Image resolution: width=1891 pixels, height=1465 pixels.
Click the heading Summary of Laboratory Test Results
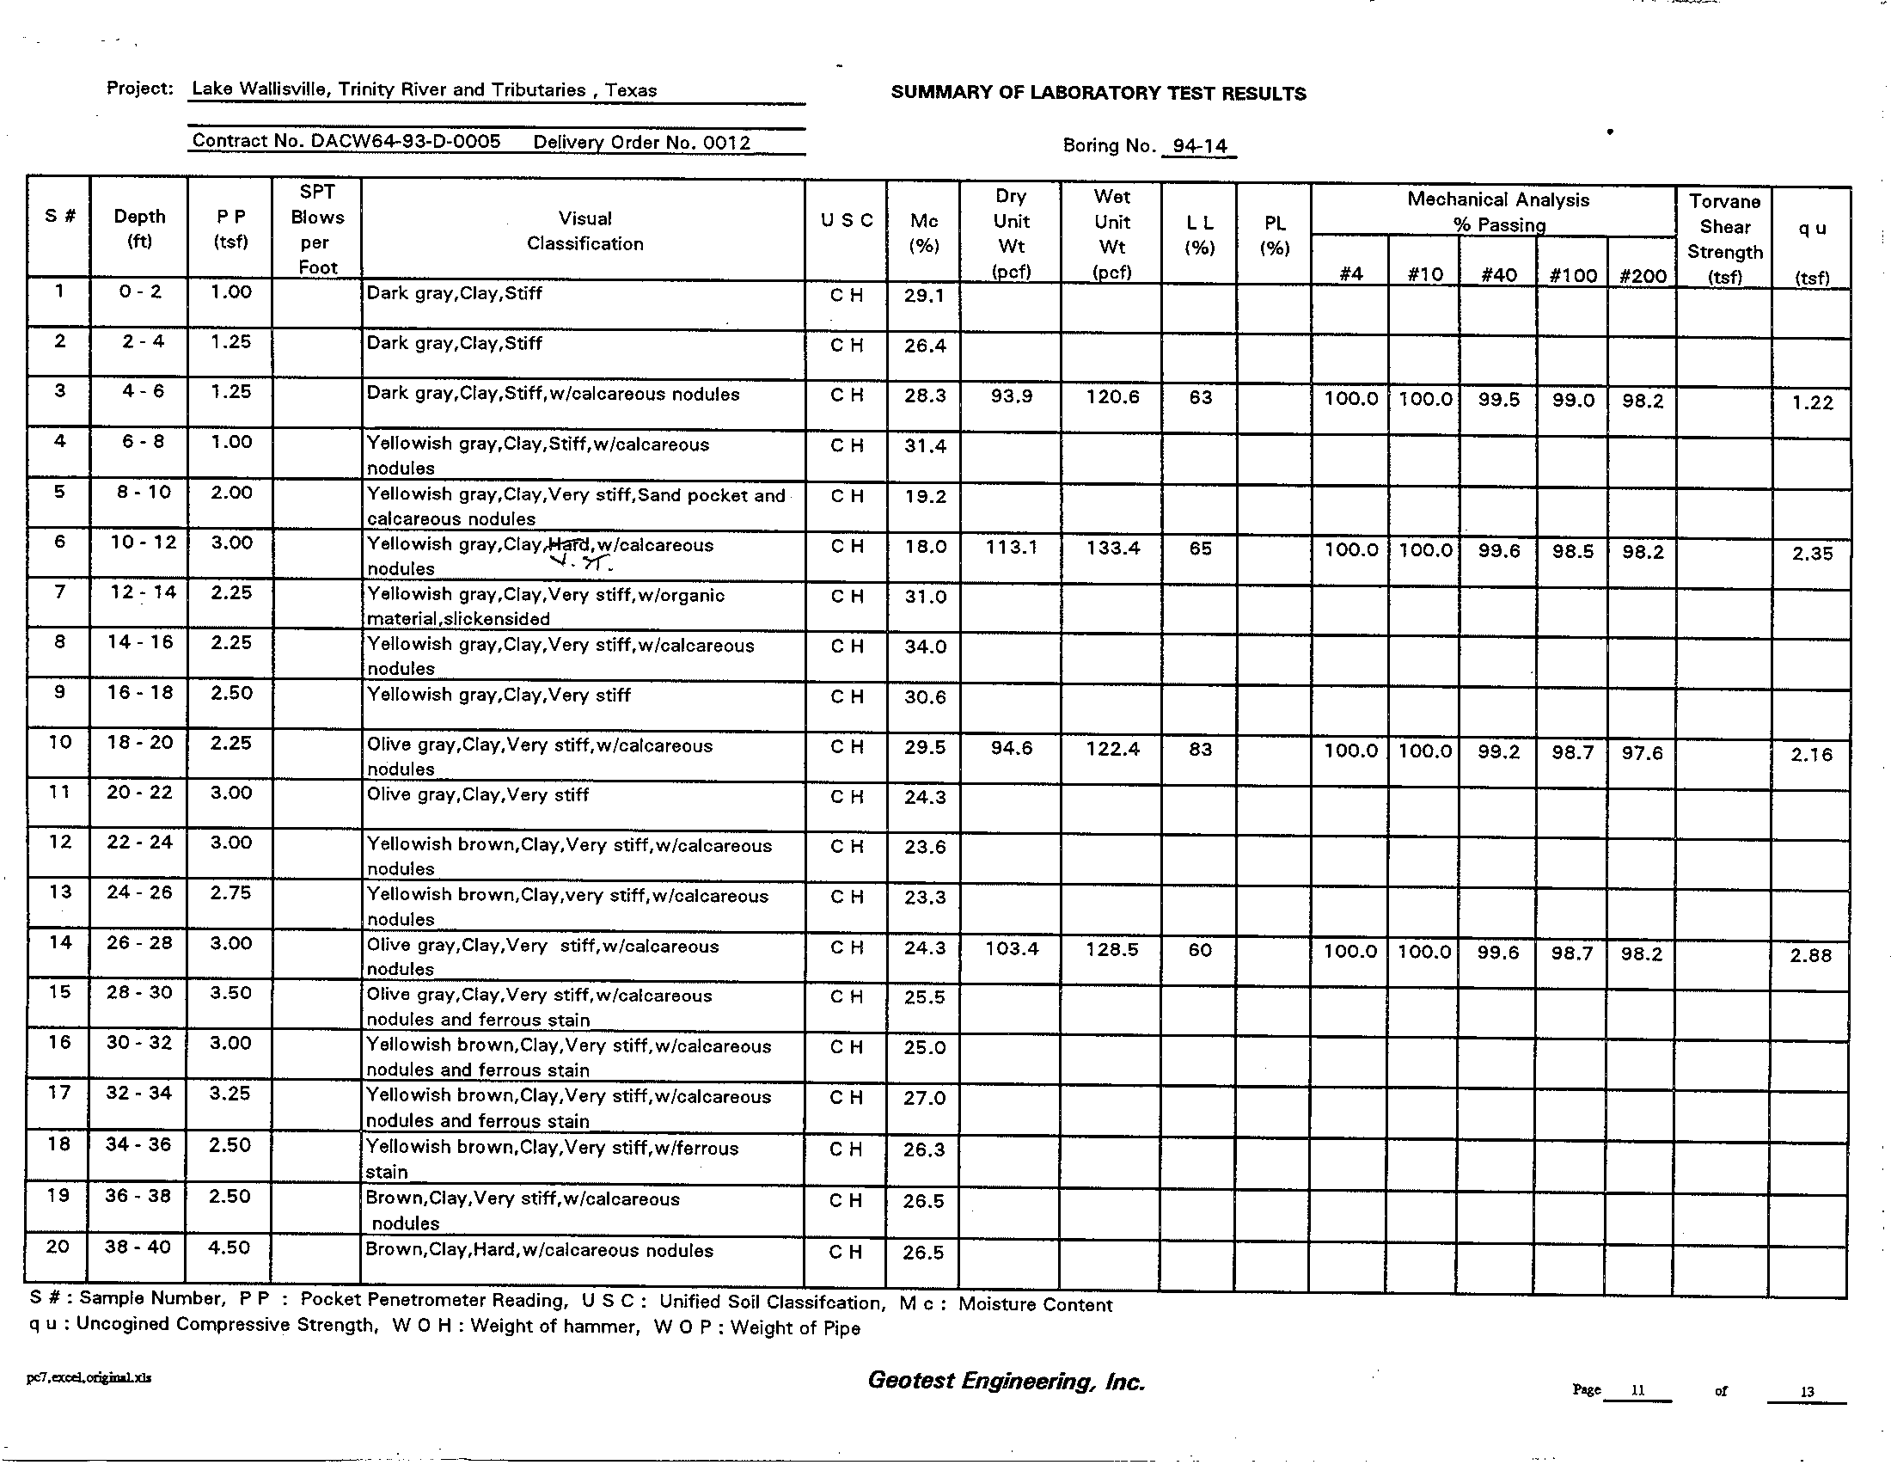[1098, 94]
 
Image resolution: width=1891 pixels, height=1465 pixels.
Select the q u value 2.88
[1810, 955]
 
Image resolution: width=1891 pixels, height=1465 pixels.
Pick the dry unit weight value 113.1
[1011, 547]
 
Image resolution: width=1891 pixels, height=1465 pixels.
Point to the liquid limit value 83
[1200, 749]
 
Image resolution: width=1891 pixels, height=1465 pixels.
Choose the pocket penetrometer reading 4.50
[230, 1247]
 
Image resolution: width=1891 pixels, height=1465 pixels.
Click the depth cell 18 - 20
[139, 742]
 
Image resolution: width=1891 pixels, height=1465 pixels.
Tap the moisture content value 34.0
[925, 647]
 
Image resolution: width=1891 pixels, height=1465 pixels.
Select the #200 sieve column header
[1643, 275]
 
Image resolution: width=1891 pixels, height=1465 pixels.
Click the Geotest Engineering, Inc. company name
[1007, 1381]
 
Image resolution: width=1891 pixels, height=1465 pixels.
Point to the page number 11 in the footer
[1637, 1390]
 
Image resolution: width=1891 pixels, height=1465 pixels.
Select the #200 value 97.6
[1642, 752]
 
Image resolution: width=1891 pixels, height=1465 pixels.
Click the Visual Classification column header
[584, 231]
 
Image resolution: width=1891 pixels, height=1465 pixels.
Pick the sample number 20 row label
[58, 1246]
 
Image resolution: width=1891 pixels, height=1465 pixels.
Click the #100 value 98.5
[1572, 552]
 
